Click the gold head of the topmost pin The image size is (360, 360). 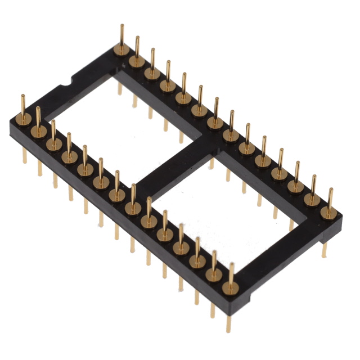(x=121, y=49)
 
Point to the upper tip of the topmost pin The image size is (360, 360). (x=121, y=26)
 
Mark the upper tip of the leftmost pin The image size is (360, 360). (x=22, y=96)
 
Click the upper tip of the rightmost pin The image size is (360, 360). (x=330, y=190)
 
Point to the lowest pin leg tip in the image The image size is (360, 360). (x=228, y=332)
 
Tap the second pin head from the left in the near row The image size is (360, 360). (x=39, y=130)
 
